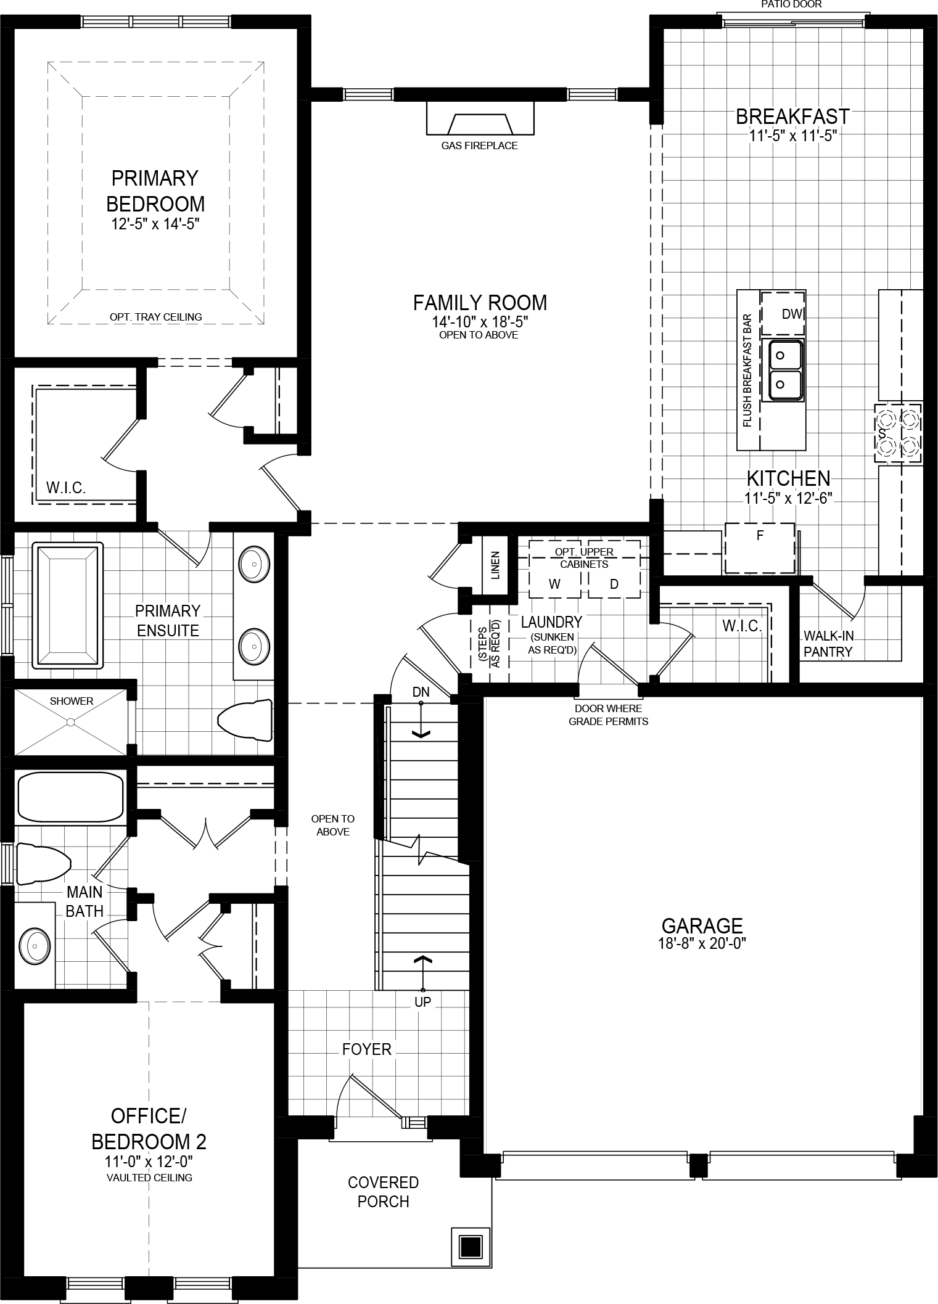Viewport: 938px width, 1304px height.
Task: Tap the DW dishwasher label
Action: pos(792,314)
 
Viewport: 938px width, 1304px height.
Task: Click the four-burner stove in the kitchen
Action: pos(898,433)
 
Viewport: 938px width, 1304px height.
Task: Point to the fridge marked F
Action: pos(759,547)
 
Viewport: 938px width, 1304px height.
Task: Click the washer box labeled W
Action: pos(554,583)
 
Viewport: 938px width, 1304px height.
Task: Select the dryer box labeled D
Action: pos(614,583)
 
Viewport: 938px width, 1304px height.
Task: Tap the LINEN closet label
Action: pos(495,565)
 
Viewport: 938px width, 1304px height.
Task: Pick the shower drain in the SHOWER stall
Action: pos(72,721)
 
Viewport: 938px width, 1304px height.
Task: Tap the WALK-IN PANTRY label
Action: pos(828,644)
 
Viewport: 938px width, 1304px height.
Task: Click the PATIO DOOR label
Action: pos(791,4)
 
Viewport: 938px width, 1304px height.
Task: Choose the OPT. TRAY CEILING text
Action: pos(156,317)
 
